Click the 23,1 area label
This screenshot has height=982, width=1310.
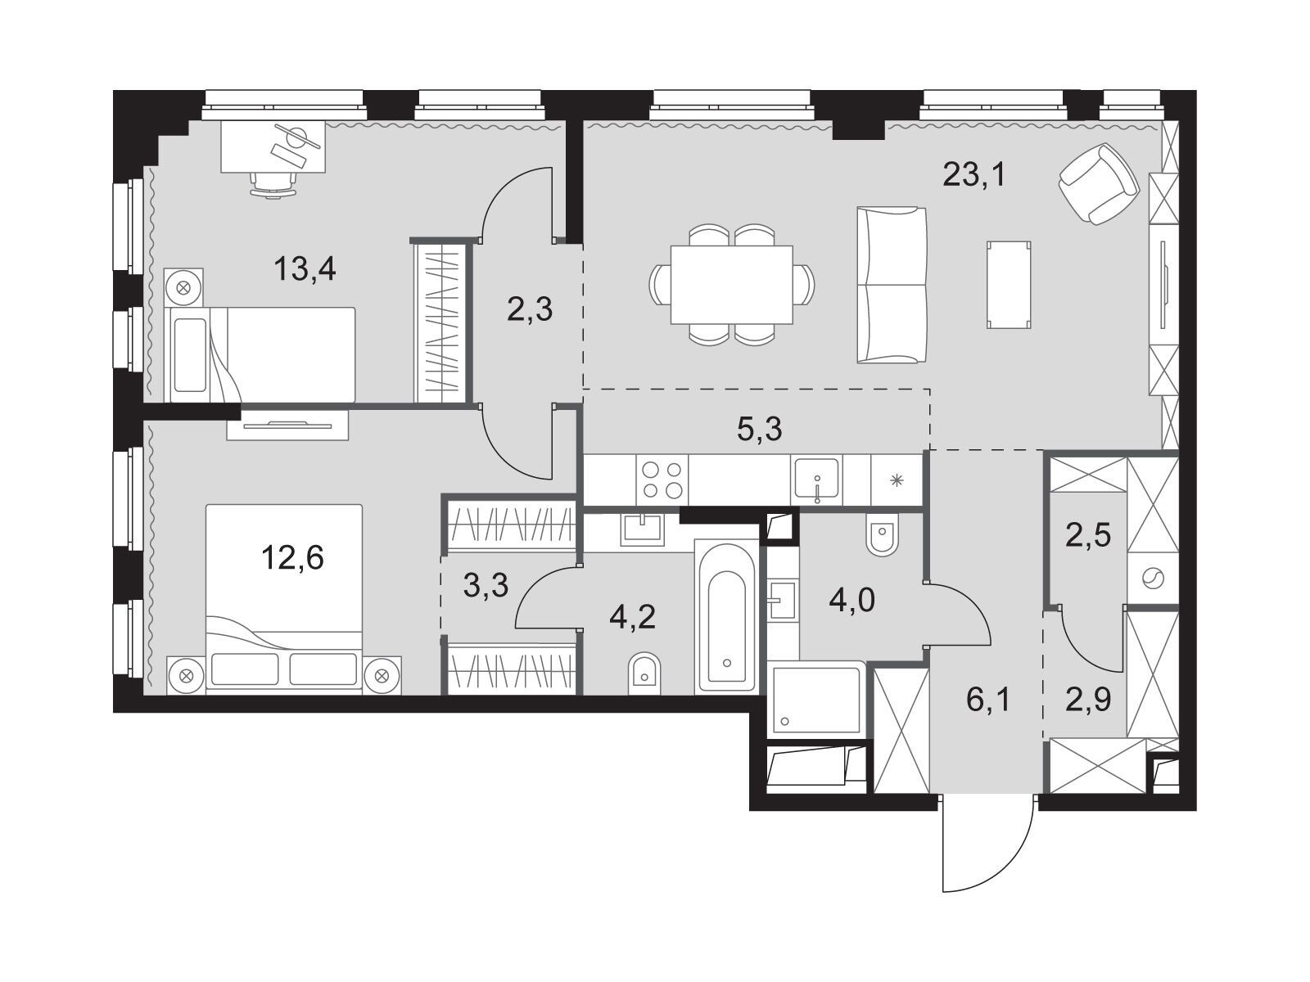(973, 175)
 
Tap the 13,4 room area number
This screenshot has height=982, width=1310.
(305, 269)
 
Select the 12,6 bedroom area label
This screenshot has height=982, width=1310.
(292, 558)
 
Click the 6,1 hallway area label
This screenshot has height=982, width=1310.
(988, 700)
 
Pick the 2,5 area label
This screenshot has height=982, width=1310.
(1089, 535)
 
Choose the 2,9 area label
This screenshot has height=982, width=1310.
(1089, 700)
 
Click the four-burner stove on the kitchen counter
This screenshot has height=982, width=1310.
(662, 480)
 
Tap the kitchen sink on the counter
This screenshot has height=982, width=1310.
(815, 480)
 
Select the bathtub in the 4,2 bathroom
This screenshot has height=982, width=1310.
(726, 615)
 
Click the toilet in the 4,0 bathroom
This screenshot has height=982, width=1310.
(881, 534)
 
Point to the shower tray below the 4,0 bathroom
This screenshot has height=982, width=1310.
(816, 700)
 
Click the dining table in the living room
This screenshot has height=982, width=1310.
(732, 285)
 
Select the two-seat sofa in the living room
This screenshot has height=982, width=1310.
(892, 285)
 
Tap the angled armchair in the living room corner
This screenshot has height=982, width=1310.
(1099, 183)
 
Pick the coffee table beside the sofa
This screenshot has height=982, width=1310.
(1009, 285)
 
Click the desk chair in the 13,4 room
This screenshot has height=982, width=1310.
(273, 182)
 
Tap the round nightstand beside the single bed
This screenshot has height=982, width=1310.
(184, 287)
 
